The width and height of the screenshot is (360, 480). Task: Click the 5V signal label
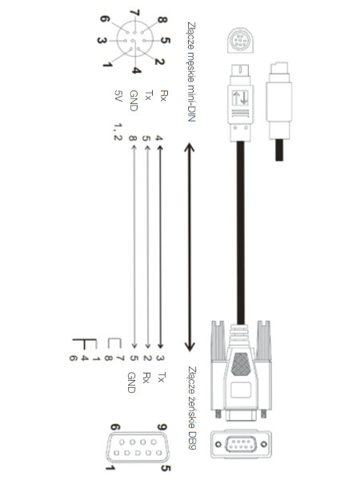pos(118,96)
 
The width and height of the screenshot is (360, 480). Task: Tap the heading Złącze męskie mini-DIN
pos(191,72)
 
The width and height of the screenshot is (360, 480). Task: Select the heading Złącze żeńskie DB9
pos(192,408)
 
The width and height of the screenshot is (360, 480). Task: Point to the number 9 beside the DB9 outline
pos(162,426)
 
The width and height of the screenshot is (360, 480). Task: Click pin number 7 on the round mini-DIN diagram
pos(134,13)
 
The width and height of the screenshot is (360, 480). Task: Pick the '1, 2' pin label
pos(118,132)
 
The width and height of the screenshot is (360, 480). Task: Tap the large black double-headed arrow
pos(190,247)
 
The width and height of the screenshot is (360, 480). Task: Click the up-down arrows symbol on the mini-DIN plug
pos(240,98)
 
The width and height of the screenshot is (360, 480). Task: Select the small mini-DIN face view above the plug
pos(241,40)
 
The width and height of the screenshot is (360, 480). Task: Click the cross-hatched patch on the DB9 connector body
pos(241,364)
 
